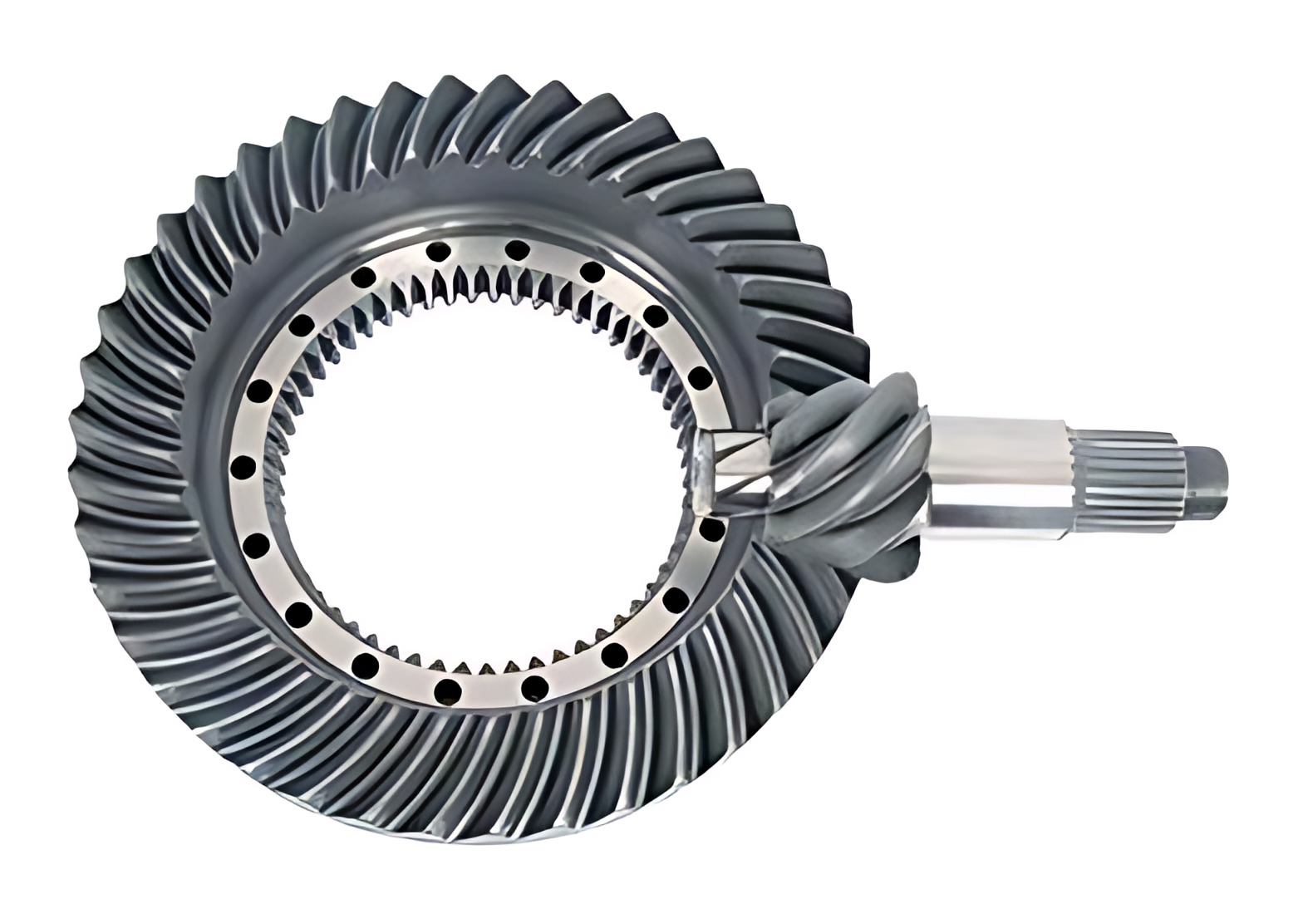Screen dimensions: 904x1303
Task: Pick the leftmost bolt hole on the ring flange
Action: tap(243, 468)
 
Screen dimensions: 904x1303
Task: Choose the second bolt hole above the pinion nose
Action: tap(656, 317)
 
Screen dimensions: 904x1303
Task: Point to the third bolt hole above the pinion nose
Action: tap(592, 271)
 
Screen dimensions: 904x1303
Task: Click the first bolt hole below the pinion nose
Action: tap(711, 531)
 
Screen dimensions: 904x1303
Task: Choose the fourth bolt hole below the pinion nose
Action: tap(535, 686)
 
